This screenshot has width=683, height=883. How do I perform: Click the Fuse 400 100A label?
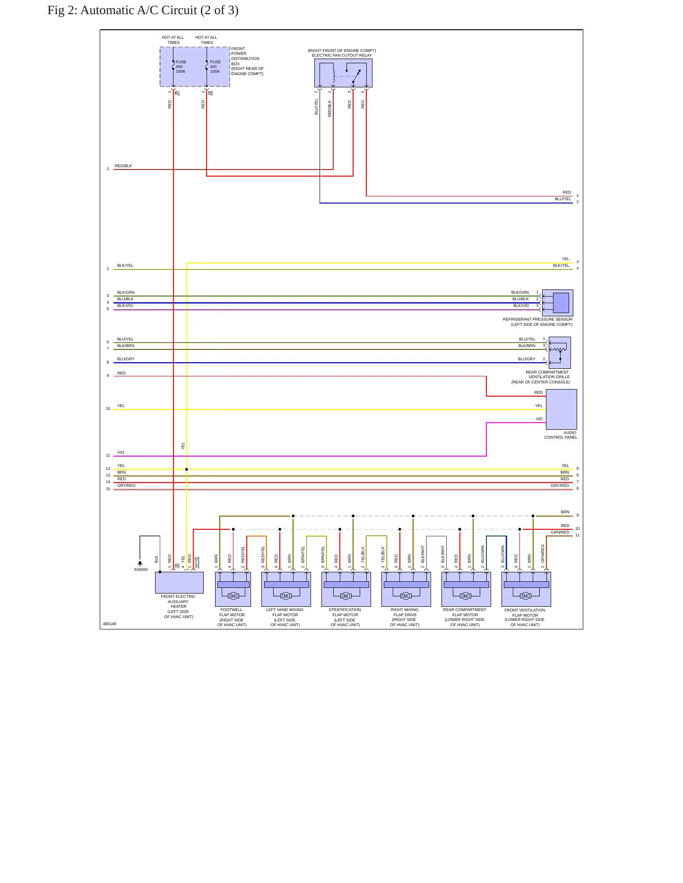pos(181,67)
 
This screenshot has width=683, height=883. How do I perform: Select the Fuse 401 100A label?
pos(216,67)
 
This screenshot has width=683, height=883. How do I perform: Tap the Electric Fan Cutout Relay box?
pos(343,73)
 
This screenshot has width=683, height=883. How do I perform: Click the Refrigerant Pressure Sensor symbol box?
pos(558,303)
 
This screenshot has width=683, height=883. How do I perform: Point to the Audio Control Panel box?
pos(562,409)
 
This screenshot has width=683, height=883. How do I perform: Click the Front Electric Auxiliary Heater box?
pos(179,583)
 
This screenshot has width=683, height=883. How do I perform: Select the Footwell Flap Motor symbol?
pos(233,589)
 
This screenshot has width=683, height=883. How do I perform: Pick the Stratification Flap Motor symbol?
pos(346,589)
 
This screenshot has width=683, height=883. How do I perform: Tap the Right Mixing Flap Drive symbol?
pos(406,589)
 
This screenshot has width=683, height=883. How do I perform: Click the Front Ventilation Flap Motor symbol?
pos(526,589)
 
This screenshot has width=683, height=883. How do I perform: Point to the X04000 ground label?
pos(141,569)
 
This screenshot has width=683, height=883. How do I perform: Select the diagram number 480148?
pos(110,624)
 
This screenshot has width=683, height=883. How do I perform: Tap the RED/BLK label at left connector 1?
pos(123,166)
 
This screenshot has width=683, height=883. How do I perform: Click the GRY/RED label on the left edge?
pos(126,485)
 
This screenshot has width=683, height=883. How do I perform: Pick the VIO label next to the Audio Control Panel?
pos(539,419)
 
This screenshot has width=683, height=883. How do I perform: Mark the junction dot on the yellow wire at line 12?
pos(187,469)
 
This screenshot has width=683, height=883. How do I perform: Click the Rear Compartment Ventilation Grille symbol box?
pos(560,352)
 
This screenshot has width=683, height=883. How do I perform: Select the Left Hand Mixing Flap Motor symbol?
pos(286,589)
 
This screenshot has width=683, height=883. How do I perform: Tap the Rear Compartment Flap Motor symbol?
pos(466,589)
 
